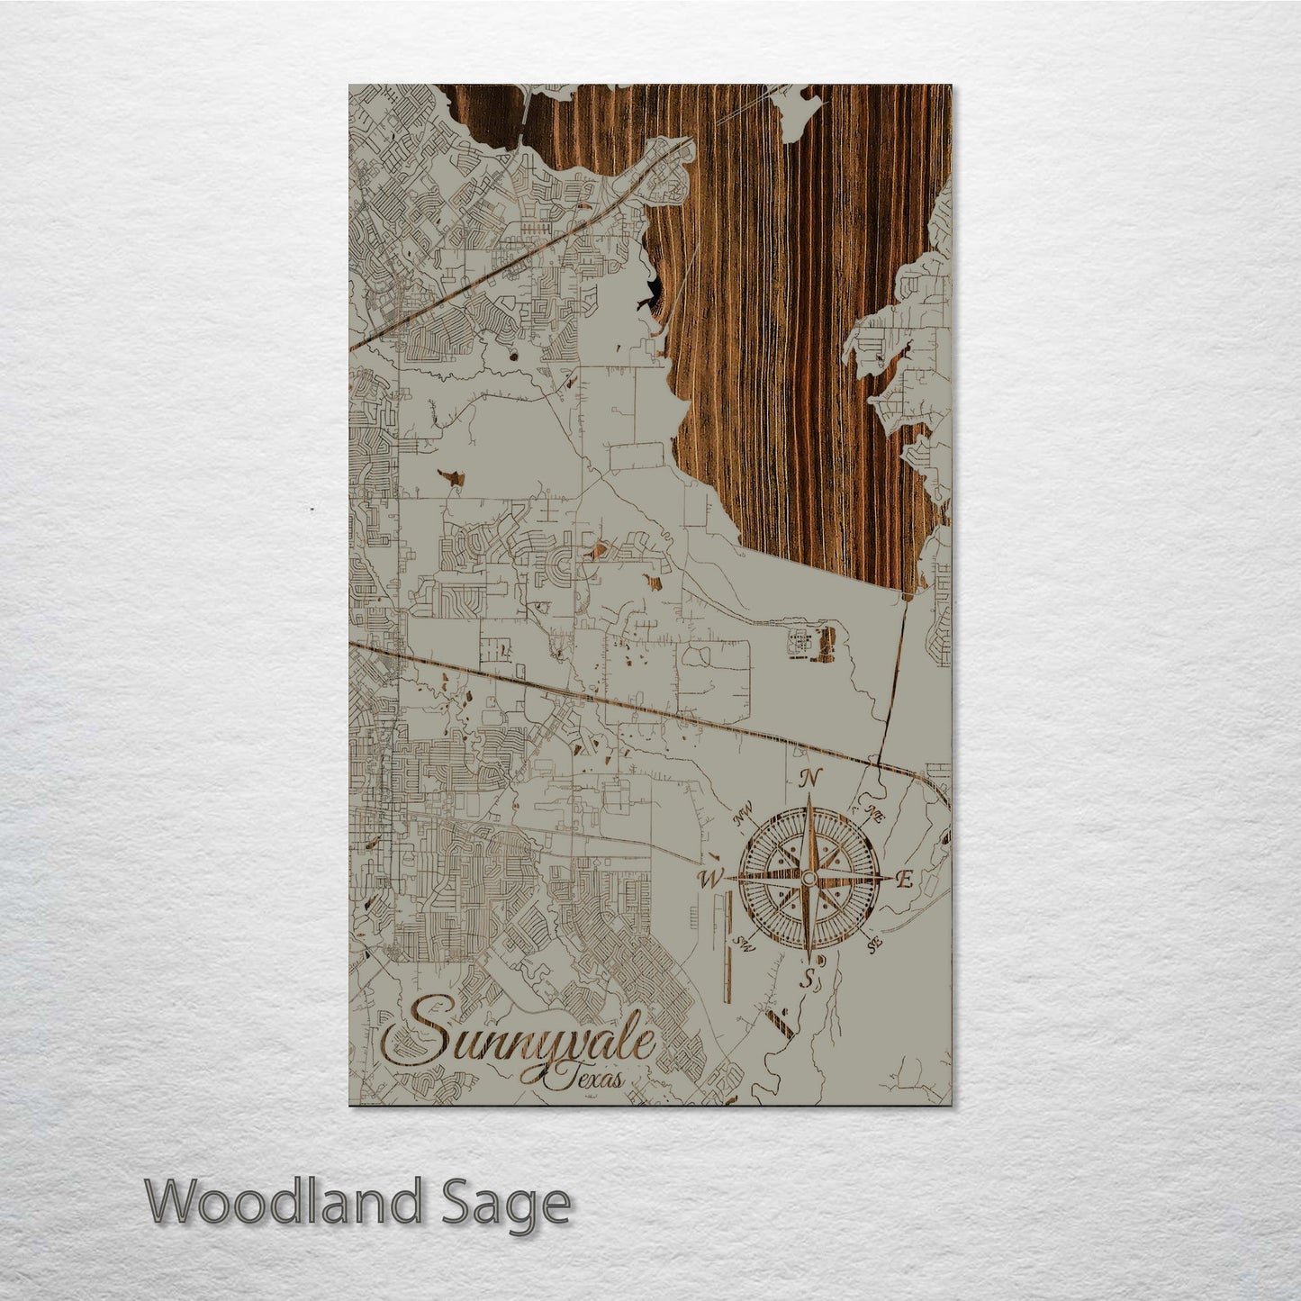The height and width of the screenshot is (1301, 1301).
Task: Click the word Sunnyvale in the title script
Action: [531, 1044]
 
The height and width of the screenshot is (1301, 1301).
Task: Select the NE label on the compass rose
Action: [872, 815]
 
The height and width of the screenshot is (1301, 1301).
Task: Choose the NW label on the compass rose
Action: [744, 818]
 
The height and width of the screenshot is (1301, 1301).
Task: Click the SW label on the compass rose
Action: [745, 943]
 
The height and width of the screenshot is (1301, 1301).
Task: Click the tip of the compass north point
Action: [809, 796]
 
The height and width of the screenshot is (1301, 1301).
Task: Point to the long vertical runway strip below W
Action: [727, 954]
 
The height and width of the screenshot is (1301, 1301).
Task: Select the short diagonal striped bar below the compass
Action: [780, 1023]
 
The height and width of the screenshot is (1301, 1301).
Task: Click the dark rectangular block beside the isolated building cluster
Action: [827, 645]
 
